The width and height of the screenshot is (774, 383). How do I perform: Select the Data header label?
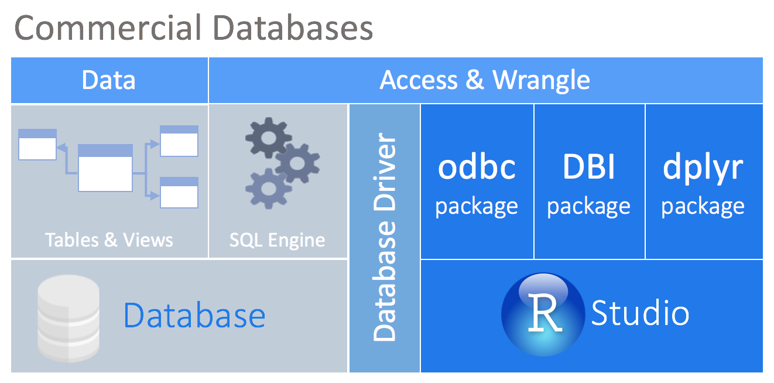(109, 80)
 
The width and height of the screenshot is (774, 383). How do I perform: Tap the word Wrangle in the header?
(542, 80)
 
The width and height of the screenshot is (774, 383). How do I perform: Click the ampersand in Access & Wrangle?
(475, 80)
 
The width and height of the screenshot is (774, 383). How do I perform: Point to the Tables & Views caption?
(109, 240)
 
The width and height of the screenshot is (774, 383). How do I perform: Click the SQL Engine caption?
(277, 240)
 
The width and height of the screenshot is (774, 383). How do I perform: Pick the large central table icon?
(105, 167)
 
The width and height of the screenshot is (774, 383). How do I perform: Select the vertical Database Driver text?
(385, 238)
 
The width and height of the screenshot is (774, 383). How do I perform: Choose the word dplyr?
(703, 168)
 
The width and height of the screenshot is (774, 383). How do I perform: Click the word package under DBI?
(589, 206)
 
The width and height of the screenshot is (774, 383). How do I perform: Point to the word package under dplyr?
(703, 206)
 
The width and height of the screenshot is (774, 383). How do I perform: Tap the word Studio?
(640, 313)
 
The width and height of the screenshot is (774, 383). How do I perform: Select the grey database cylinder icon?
(68, 319)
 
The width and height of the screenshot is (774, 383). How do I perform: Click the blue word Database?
(194, 315)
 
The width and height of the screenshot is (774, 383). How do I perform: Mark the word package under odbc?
(477, 206)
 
